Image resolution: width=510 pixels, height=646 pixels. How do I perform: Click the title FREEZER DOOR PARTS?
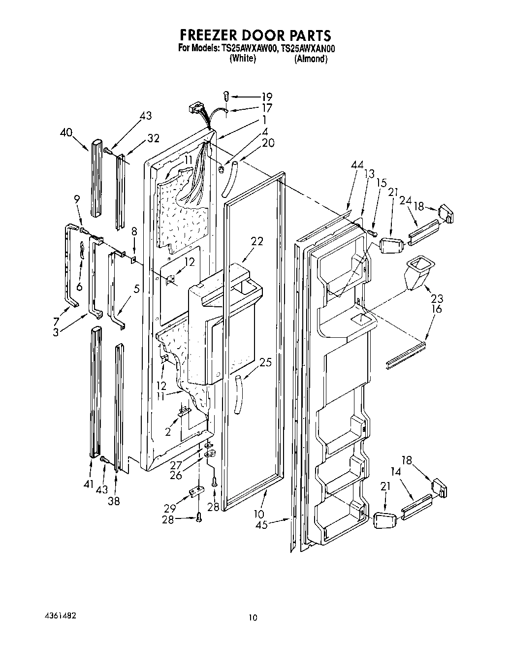[255, 35]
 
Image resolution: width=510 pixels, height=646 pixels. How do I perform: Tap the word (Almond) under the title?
[311, 59]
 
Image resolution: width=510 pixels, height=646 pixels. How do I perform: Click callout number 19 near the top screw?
[266, 97]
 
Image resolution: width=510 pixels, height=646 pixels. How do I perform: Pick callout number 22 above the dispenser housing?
[256, 241]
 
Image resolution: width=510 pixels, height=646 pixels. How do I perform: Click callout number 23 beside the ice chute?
[437, 298]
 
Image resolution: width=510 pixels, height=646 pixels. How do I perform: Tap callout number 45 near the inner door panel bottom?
[261, 525]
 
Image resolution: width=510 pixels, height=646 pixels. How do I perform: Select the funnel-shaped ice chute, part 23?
[415, 273]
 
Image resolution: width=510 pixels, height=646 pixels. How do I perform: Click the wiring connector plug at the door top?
[195, 108]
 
